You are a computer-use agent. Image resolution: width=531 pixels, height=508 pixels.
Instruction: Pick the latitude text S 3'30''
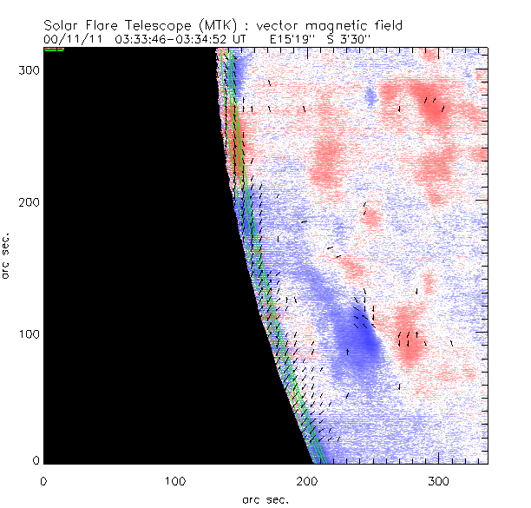340,39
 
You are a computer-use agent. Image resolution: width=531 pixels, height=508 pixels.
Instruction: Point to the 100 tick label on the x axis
174,479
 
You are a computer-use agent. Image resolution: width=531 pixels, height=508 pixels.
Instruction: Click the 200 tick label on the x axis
306,479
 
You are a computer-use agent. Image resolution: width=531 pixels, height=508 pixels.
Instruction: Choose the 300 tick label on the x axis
438,479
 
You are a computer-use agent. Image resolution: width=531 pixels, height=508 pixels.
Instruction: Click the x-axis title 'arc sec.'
265,498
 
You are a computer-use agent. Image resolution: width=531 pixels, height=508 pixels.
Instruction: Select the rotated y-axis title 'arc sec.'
7,254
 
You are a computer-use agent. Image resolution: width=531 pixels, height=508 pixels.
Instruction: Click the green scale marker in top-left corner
54,49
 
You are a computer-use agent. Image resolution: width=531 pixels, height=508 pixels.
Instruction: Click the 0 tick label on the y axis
36,460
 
